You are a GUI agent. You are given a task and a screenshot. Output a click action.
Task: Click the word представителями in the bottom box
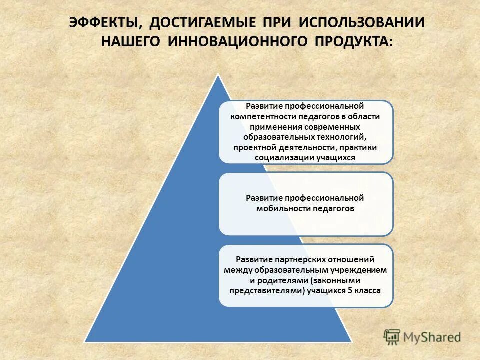coord(267,290)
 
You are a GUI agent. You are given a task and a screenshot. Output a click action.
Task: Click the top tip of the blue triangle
coord(218,75)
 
